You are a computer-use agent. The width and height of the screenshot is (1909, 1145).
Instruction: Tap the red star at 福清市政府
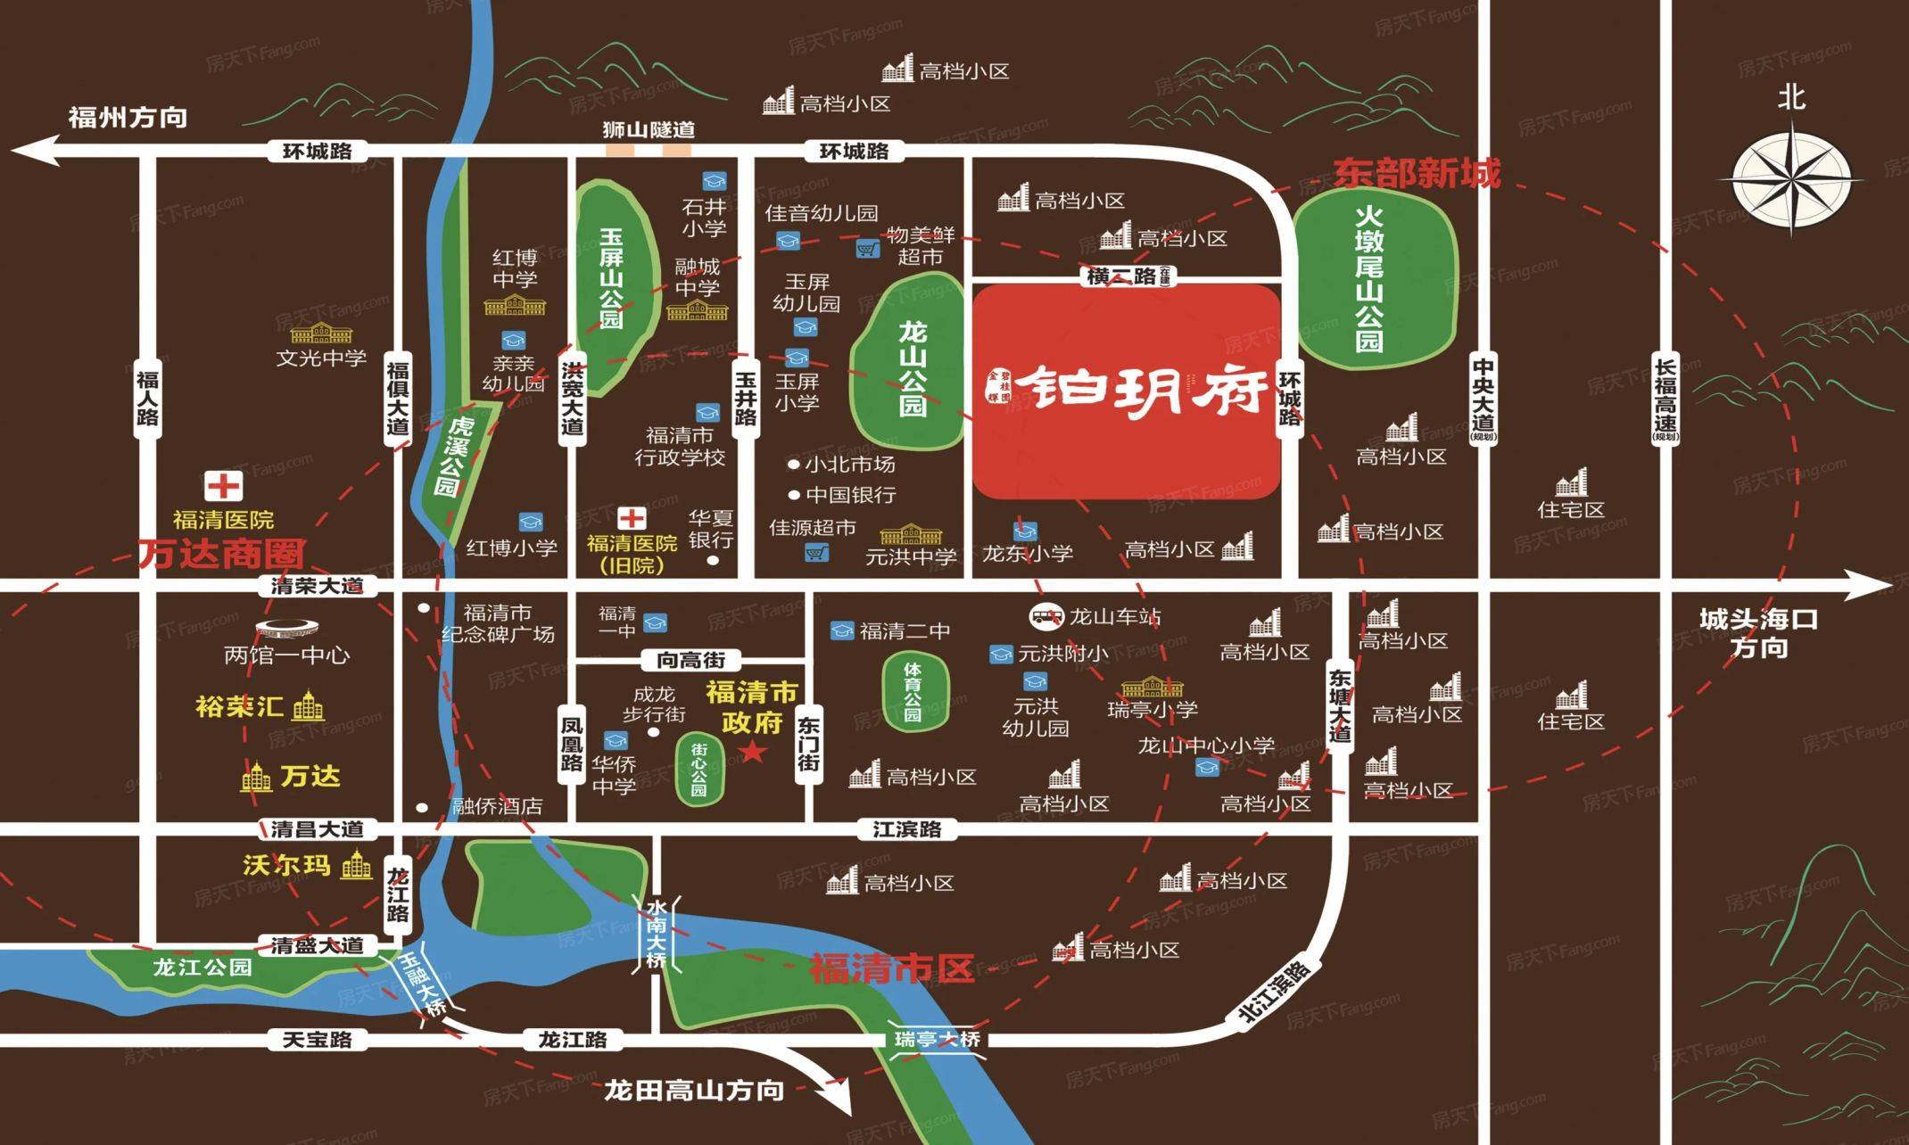pyautogui.click(x=754, y=752)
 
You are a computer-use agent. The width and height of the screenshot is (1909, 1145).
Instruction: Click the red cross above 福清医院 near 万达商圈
pyautogui.click(x=223, y=487)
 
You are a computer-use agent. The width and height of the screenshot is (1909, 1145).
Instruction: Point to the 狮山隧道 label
pyautogui.click(x=649, y=129)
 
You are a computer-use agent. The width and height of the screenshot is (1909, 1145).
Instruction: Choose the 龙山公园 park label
pyautogui.click(x=912, y=369)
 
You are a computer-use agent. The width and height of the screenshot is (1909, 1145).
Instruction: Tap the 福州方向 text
pyautogui.click(x=128, y=117)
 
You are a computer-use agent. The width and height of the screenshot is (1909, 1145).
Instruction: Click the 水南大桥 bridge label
pyautogui.click(x=657, y=935)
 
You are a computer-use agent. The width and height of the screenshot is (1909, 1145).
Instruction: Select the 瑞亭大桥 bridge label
pyautogui.click(x=938, y=1039)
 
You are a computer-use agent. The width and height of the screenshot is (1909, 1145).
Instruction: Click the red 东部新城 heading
pyautogui.click(x=1417, y=173)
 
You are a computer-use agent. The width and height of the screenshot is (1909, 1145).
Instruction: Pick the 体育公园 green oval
pyautogui.click(x=913, y=691)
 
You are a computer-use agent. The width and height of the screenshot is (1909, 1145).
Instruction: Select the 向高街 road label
pyautogui.click(x=691, y=660)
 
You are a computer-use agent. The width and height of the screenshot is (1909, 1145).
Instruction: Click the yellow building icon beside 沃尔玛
pyautogui.click(x=357, y=865)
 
